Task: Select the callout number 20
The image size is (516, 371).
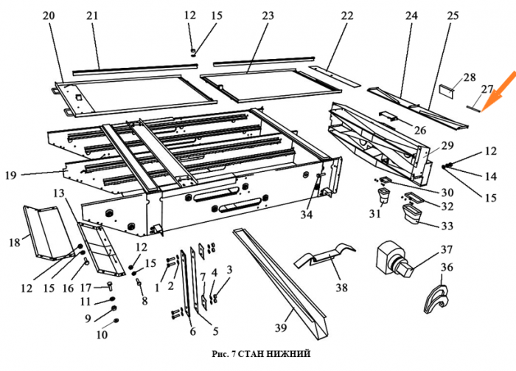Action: pos(49,15)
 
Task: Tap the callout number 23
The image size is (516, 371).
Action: pos(267,15)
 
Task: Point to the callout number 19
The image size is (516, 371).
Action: pos(11,175)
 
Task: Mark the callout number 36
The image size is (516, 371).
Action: pos(446,268)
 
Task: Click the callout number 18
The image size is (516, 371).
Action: pos(13,241)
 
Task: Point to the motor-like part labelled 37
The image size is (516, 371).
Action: pos(394,259)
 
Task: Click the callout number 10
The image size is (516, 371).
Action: pos(101,334)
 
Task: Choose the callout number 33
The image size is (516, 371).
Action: pos(447,226)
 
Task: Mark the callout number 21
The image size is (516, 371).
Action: pos(92,15)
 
